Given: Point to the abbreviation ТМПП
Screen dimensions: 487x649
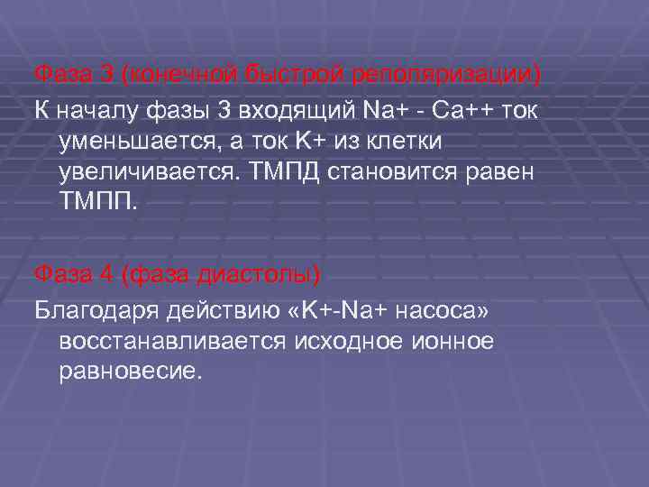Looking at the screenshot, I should coord(96,202).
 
